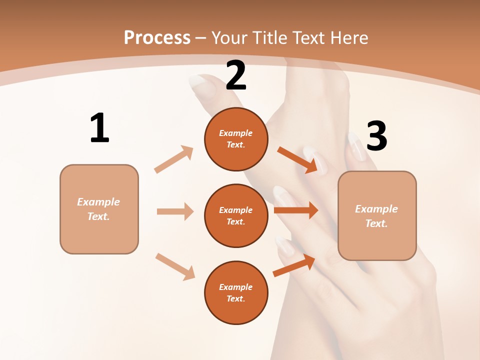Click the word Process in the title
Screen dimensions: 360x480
click(x=157, y=37)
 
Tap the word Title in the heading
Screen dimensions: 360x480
click(x=269, y=37)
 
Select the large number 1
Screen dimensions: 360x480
click(x=99, y=128)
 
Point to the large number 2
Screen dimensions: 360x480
click(x=236, y=75)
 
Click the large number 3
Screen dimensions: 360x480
click(x=377, y=136)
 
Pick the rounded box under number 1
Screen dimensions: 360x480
click(x=99, y=209)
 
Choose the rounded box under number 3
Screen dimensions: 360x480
click(x=377, y=216)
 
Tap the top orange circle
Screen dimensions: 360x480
click(x=236, y=139)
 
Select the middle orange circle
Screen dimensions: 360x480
click(x=236, y=216)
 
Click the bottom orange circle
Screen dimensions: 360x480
click(x=236, y=293)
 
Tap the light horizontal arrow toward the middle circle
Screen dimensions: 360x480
click(x=175, y=211)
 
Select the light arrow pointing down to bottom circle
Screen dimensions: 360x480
click(x=175, y=266)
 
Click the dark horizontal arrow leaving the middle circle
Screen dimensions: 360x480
click(x=296, y=210)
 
